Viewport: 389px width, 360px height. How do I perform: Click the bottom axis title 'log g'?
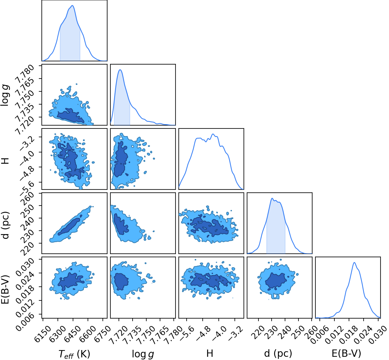pyautogui.click(x=143, y=354)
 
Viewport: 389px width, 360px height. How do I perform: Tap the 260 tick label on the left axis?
pyautogui.click(x=27, y=199)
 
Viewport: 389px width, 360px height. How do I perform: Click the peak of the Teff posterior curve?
pyautogui.click(x=72, y=5)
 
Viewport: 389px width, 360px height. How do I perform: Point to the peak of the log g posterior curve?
pyautogui.click(x=120, y=70)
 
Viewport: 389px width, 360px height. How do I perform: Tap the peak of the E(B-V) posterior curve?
pyautogui.click(x=354, y=262)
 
